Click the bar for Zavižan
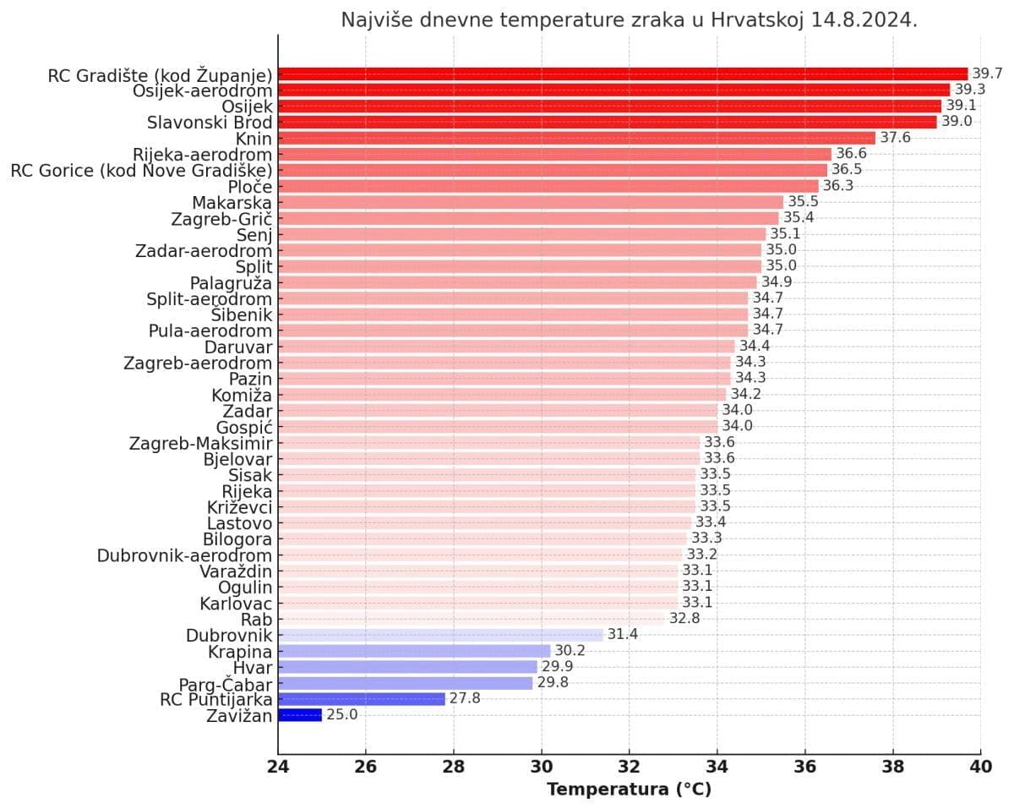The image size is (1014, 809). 300,715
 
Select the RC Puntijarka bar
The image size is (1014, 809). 361,699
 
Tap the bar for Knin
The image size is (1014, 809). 576,138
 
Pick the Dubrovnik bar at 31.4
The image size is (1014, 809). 440,635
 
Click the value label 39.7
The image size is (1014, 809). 987,74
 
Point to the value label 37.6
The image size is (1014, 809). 895,138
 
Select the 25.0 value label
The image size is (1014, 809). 341,715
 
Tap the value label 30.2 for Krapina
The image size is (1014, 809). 570,651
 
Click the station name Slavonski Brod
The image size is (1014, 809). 210,122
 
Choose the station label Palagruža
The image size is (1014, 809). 231,282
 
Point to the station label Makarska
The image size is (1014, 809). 232,203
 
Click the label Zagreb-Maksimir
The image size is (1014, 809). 200,443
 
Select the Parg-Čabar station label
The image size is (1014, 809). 225,684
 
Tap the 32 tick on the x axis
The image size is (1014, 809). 629,768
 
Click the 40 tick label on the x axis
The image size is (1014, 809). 980,768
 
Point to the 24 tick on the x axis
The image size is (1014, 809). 278,768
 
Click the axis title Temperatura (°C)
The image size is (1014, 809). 629,790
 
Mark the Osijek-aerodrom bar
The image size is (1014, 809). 613,90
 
